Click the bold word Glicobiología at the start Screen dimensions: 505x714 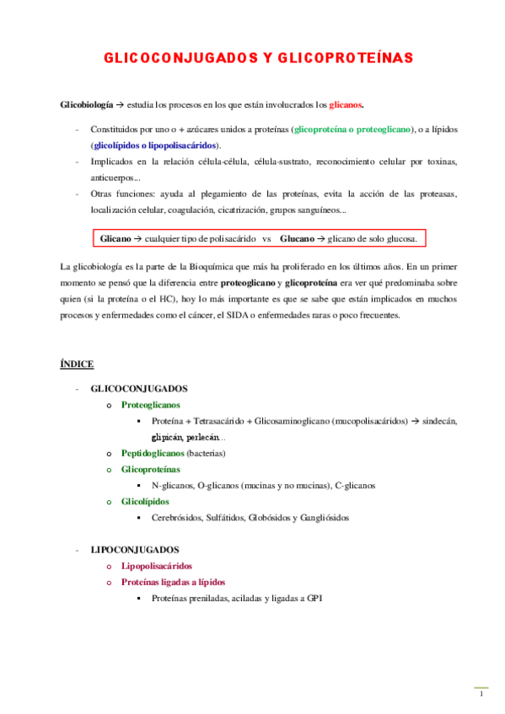[85, 105]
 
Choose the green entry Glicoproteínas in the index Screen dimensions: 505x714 [150, 469]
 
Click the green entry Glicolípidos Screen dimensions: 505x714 [144, 502]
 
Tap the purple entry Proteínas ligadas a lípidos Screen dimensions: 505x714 [173, 582]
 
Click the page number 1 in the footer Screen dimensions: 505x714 [481, 695]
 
